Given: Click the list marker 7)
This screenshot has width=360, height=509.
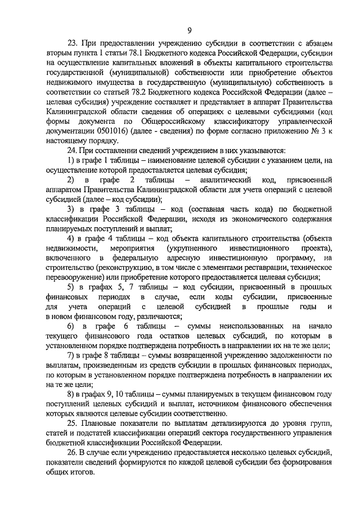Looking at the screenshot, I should pyautogui.click(x=71, y=355).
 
